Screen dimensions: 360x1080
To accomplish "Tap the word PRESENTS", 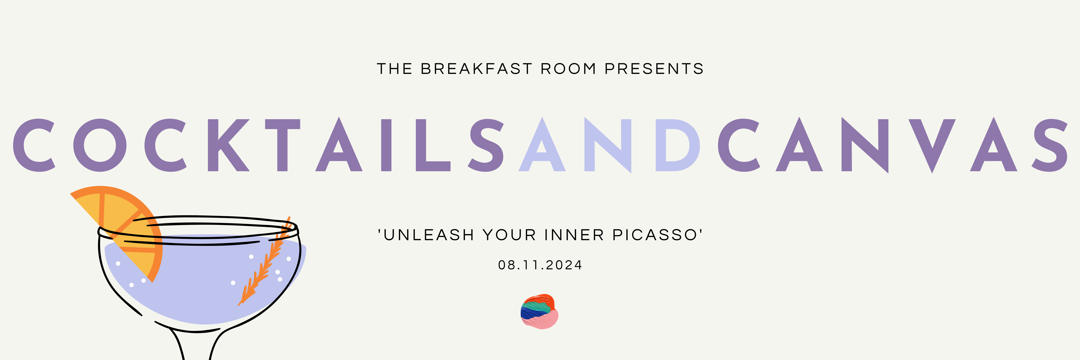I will (654, 69).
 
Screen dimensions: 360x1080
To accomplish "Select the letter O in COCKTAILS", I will (100, 145).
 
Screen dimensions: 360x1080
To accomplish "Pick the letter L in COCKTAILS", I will (432, 145).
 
